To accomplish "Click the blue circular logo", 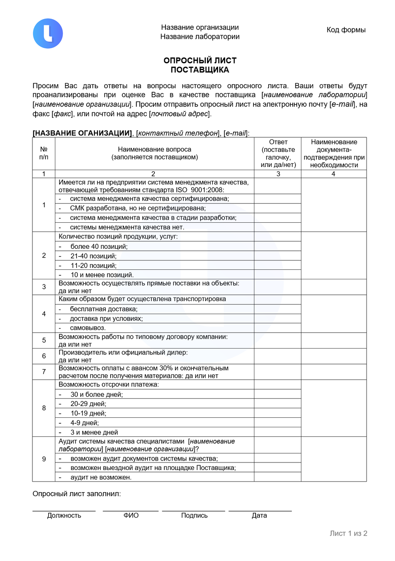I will point(48,34).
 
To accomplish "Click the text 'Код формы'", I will point(346,30).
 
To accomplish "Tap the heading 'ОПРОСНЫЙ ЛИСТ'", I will point(200,61).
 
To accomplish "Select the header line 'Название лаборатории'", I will point(200,37).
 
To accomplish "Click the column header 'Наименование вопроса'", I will point(154,150).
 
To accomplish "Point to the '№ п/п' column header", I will point(44,153).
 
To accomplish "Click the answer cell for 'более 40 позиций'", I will point(277,246).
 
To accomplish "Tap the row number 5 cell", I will point(44,340).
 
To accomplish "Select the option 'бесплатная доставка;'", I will point(103,309).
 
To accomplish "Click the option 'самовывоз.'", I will point(88,328).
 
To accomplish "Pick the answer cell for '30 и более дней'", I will point(277,394).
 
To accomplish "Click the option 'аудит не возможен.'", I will point(101,477).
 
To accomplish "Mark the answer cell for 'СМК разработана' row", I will point(277,208).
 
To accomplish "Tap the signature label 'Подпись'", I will point(194,515).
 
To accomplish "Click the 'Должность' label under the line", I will point(64,515).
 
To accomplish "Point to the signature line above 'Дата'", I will point(260,511).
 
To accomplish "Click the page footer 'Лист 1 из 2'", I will point(348,533).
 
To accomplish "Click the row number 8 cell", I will point(44,408).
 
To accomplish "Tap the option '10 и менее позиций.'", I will point(102,275).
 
